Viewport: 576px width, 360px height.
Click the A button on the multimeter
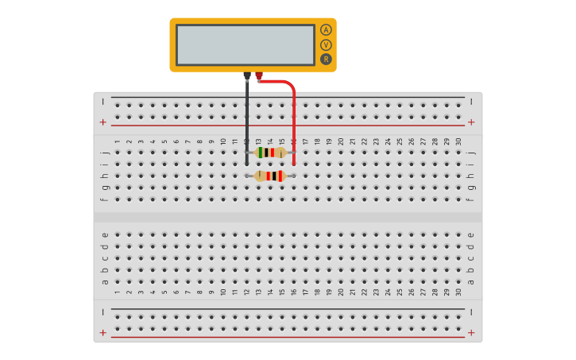[x=326, y=30]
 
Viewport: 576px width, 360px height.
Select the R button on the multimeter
[x=326, y=60]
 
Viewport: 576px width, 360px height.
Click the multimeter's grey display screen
[x=245, y=45]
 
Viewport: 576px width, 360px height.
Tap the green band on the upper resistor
[x=261, y=152]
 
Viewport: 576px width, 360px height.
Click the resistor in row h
[x=270, y=176]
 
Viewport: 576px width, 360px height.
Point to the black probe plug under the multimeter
[x=247, y=76]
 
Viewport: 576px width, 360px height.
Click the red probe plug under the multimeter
[x=259, y=76]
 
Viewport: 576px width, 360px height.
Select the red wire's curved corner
[x=290, y=84]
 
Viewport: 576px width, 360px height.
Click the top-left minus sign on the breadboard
[x=103, y=101]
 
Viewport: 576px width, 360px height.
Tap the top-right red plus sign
[x=471, y=122]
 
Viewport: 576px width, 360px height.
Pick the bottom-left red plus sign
[x=103, y=332]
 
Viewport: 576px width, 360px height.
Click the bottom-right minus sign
[x=471, y=312]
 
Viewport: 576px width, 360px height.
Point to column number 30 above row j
[x=458, y=141]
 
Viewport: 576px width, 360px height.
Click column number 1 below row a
[x=118, y=292]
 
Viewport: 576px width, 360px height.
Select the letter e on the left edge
[x=104, y=234]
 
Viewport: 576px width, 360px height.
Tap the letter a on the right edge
[x=471, y=281]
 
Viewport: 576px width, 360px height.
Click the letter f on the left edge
[x=104, y=199]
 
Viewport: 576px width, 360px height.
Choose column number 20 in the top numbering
[x=341, y=141]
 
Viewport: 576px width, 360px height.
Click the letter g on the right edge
[x=471, y=188]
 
